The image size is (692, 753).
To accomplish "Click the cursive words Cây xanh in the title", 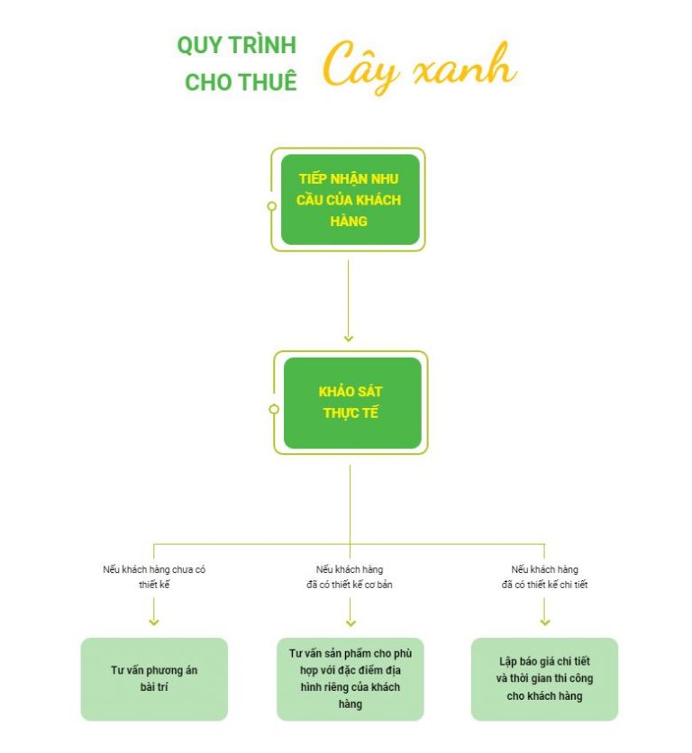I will coord(419,67).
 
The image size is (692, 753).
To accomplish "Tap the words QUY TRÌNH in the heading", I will coord(236,46).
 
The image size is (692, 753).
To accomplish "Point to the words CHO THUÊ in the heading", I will coord(241,82).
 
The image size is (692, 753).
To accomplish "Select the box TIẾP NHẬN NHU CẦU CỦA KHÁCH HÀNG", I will coord(350,199).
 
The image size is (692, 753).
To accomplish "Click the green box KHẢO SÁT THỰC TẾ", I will coord(351,403).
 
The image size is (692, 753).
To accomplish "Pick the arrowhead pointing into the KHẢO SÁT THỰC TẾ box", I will coord(349,339).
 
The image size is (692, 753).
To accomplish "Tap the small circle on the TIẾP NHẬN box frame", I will coord(272,206).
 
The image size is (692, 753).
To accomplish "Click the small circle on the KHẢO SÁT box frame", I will coord(274,409).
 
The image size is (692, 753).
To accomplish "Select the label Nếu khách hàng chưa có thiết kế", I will coord(154,576).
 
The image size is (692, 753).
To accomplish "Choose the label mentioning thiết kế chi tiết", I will coord(544,576).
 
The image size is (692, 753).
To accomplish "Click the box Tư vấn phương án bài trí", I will coord(154,679).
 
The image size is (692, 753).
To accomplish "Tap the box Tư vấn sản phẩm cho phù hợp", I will coord(350,678).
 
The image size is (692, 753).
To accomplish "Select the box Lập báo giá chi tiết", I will coord(544,678).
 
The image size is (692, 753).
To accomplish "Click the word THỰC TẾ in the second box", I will coord(351,413).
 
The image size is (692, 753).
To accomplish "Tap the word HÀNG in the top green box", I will coord(350,221).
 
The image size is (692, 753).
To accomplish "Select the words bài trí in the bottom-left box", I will coord(154,687).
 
